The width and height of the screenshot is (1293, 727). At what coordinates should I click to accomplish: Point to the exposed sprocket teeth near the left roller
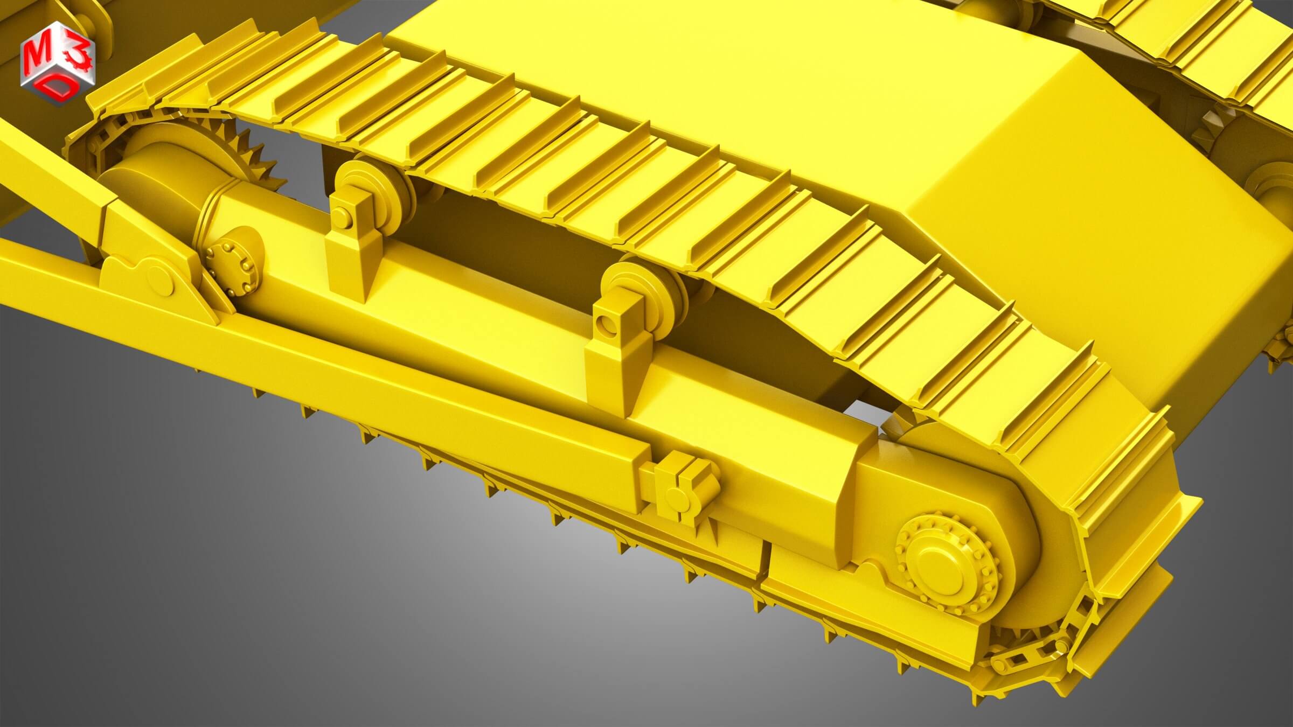pyautogui.click(x=253, y=151)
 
